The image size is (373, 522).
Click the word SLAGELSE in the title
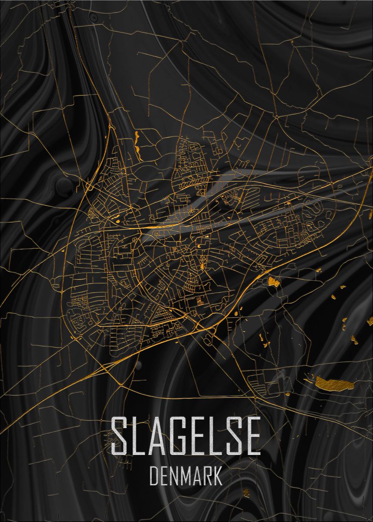186,435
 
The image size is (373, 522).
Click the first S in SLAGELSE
120,435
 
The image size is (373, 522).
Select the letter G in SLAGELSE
176,435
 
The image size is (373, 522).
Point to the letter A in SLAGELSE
157,435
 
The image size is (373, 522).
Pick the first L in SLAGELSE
138,435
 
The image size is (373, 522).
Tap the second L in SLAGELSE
215,435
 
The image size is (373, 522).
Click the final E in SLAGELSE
252,435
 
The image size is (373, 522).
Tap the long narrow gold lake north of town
138,144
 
